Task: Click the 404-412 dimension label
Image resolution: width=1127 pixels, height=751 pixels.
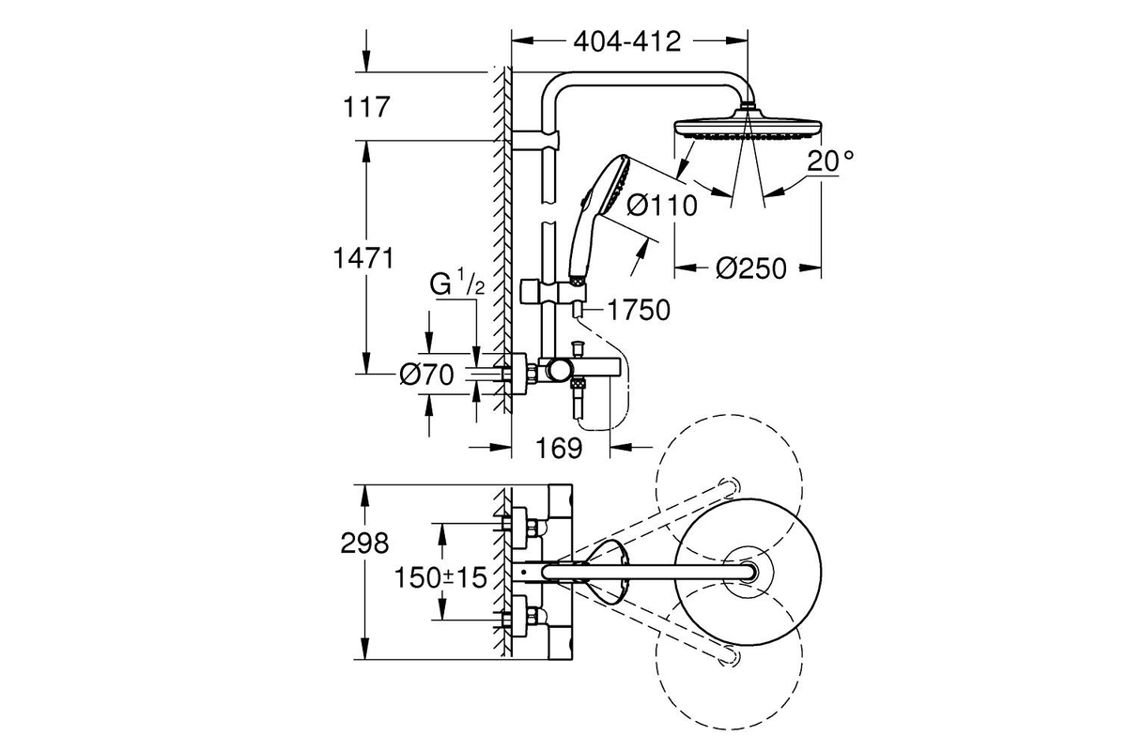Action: [627, 41]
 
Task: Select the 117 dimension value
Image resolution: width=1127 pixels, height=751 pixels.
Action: [366, 107]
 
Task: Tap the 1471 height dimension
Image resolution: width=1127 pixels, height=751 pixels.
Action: [363, 258]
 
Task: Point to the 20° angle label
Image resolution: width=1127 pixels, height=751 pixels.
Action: [830, 161]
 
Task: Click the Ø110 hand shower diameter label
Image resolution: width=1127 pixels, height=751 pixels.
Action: [662, 206]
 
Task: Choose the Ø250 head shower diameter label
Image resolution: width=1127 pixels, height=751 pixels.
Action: [750, 268]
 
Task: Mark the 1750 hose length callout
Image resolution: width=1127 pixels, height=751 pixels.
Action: [639, 310]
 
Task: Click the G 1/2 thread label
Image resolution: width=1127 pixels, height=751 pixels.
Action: [456, 284]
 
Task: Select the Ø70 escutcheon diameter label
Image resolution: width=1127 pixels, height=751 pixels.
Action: [426, 375]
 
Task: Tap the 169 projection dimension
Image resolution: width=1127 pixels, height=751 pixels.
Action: [559, 448]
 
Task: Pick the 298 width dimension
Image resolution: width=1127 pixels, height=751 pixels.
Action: [364, 544]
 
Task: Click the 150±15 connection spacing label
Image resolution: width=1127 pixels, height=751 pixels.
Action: [440, 577]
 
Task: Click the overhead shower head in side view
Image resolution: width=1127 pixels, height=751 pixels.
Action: [748, 126]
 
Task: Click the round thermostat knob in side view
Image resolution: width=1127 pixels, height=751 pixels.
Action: [559, 371]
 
